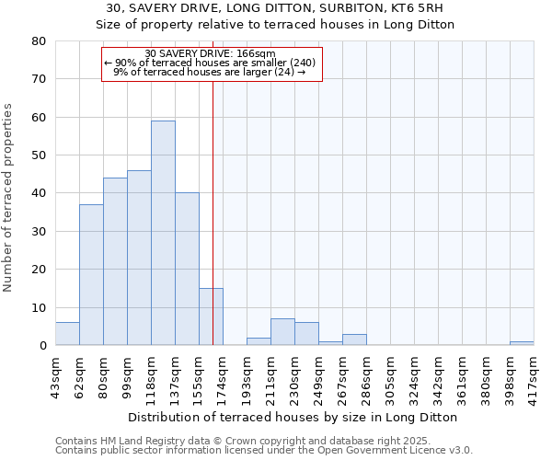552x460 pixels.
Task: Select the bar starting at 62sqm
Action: [x=91, y=275]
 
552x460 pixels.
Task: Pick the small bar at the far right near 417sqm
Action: [x=522, y=343]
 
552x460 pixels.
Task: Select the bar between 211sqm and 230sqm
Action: [x=282, y=332]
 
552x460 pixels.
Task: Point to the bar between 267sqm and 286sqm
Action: [x=354, y=339]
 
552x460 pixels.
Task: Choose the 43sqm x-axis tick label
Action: [x=56, y=374]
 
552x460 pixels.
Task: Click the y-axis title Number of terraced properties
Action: [x=8, y=198]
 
